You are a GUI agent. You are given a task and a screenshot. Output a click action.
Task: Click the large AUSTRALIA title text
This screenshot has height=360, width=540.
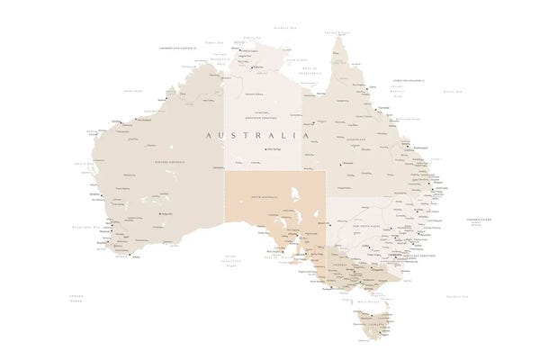pos(257,135)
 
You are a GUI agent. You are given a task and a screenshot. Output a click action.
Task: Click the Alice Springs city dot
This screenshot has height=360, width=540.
pos(264,149)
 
